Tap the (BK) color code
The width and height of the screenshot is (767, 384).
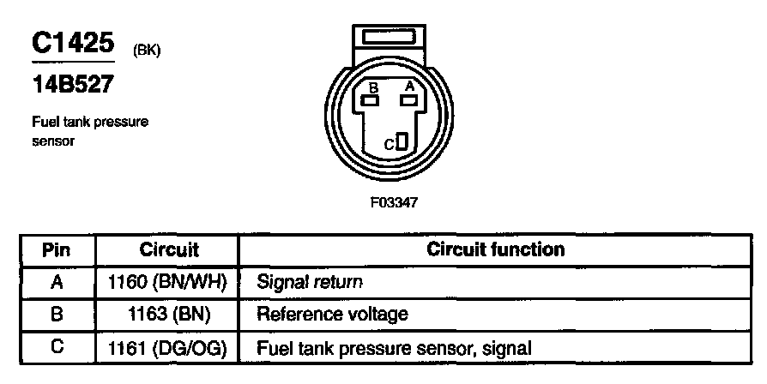(x=147, y=50)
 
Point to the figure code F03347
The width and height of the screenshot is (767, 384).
(x=396, y=204)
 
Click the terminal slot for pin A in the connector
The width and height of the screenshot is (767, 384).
(x=409, y=100)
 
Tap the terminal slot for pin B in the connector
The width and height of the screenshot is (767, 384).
(x=371, y=100)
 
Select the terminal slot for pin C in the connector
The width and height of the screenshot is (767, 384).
(x=403, y=142)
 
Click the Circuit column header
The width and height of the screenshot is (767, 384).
(x=169, y=250)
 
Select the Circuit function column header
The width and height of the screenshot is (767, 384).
(x=496, y=250)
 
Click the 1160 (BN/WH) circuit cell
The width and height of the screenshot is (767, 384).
(x=169, y=281)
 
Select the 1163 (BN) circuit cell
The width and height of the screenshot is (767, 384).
(x=169, y=315)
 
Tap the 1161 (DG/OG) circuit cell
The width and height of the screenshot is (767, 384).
(x=169, y=348)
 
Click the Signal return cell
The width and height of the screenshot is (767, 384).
(x=310, y=281)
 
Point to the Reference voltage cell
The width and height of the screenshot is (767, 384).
(x=332, y=315)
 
